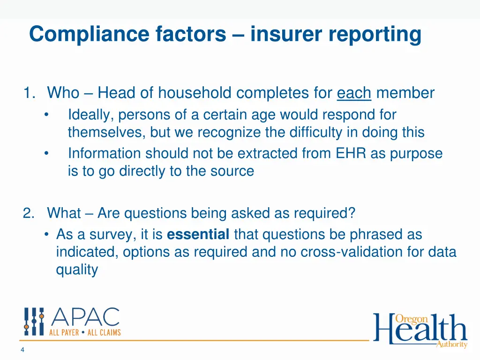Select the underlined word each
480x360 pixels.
[354, 93]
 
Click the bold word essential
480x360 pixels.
[198, 234]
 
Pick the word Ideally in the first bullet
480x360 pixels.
[91, 114]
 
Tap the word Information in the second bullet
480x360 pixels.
[105, 153]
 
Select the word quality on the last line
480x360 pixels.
[77, 270]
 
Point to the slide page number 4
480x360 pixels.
[22, 350]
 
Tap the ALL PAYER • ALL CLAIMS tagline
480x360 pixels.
[85, 332]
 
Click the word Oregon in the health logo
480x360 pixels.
[411, 319]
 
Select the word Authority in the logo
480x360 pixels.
[451, 345]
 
